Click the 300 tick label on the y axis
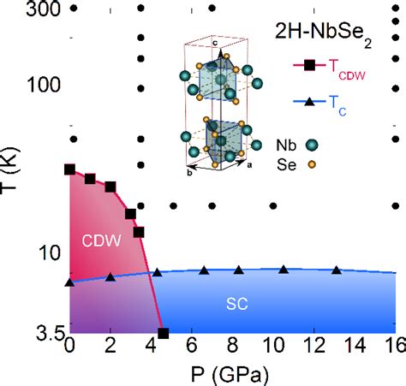[44, 9]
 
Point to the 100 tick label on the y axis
[44, 85]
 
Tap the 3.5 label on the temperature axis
[50, 333]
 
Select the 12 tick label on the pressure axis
[313, 345]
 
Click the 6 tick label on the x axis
[192, 345]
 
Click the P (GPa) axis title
[230, 375]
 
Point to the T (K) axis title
[9, 171]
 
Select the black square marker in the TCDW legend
[309, 65]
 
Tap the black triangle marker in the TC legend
[309, 102]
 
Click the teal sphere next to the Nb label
[312, 145]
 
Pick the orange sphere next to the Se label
[312, 164]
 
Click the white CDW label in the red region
[101, 241]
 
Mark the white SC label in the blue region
[237, 304]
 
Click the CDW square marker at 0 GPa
[69, 169]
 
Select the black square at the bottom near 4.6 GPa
[164, 333]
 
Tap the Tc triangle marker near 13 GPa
[337, 270]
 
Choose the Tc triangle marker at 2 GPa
[110, 277]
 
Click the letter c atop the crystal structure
[215, 43]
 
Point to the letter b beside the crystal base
[189, 173]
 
